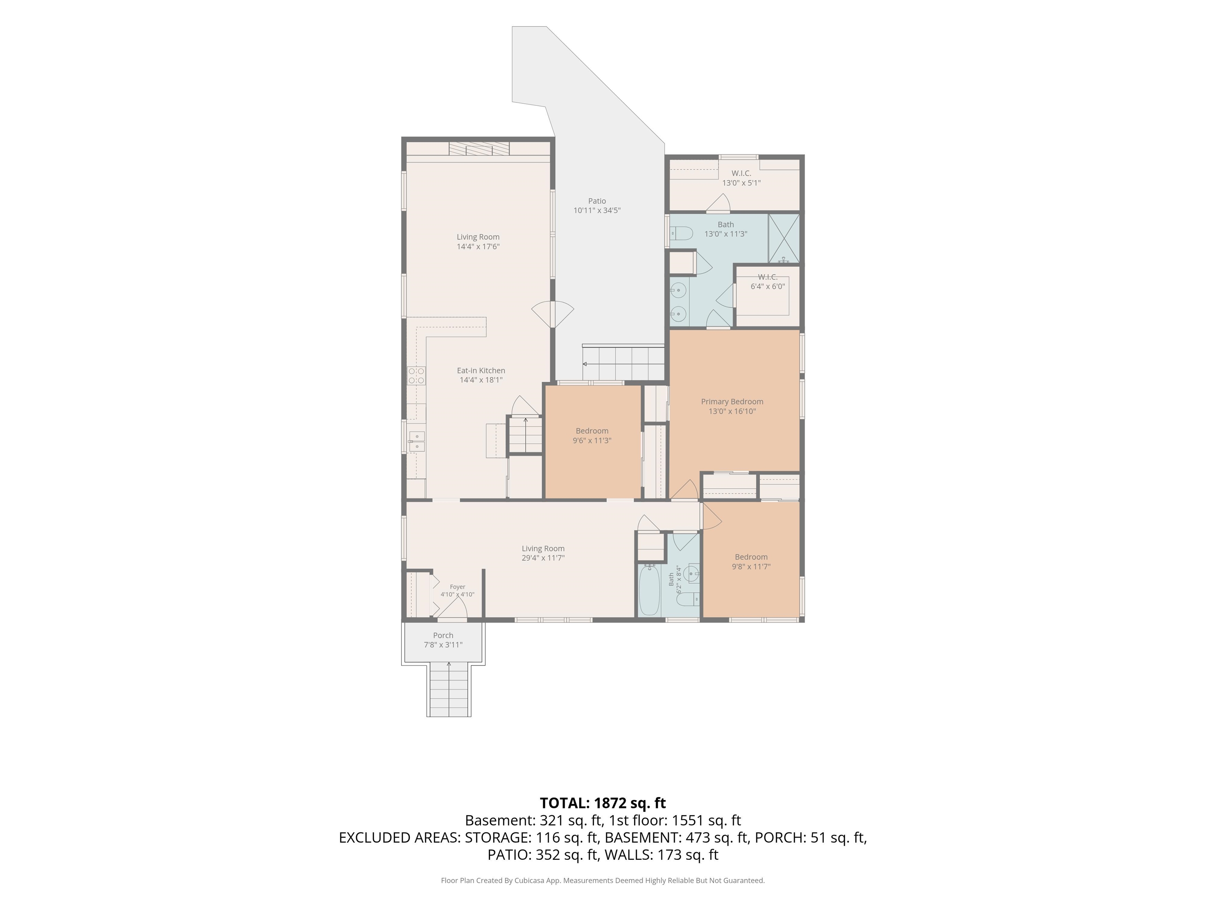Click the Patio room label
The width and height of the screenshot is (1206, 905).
tap(597, 201)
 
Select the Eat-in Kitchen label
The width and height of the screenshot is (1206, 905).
tap(481, 370)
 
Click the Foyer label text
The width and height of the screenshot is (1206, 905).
tap(457, 587)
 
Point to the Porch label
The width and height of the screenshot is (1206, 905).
tap(443, 636)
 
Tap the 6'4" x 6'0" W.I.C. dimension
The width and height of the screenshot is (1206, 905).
tap(767, 286)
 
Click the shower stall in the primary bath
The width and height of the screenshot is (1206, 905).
tap(784, 238)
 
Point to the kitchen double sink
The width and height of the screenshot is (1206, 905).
tap(417, 442)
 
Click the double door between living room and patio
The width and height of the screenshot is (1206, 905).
tap(553, 315)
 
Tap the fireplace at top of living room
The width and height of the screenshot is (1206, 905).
tap(479, 148)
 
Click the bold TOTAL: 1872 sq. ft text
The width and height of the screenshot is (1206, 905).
tap(603, 803)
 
